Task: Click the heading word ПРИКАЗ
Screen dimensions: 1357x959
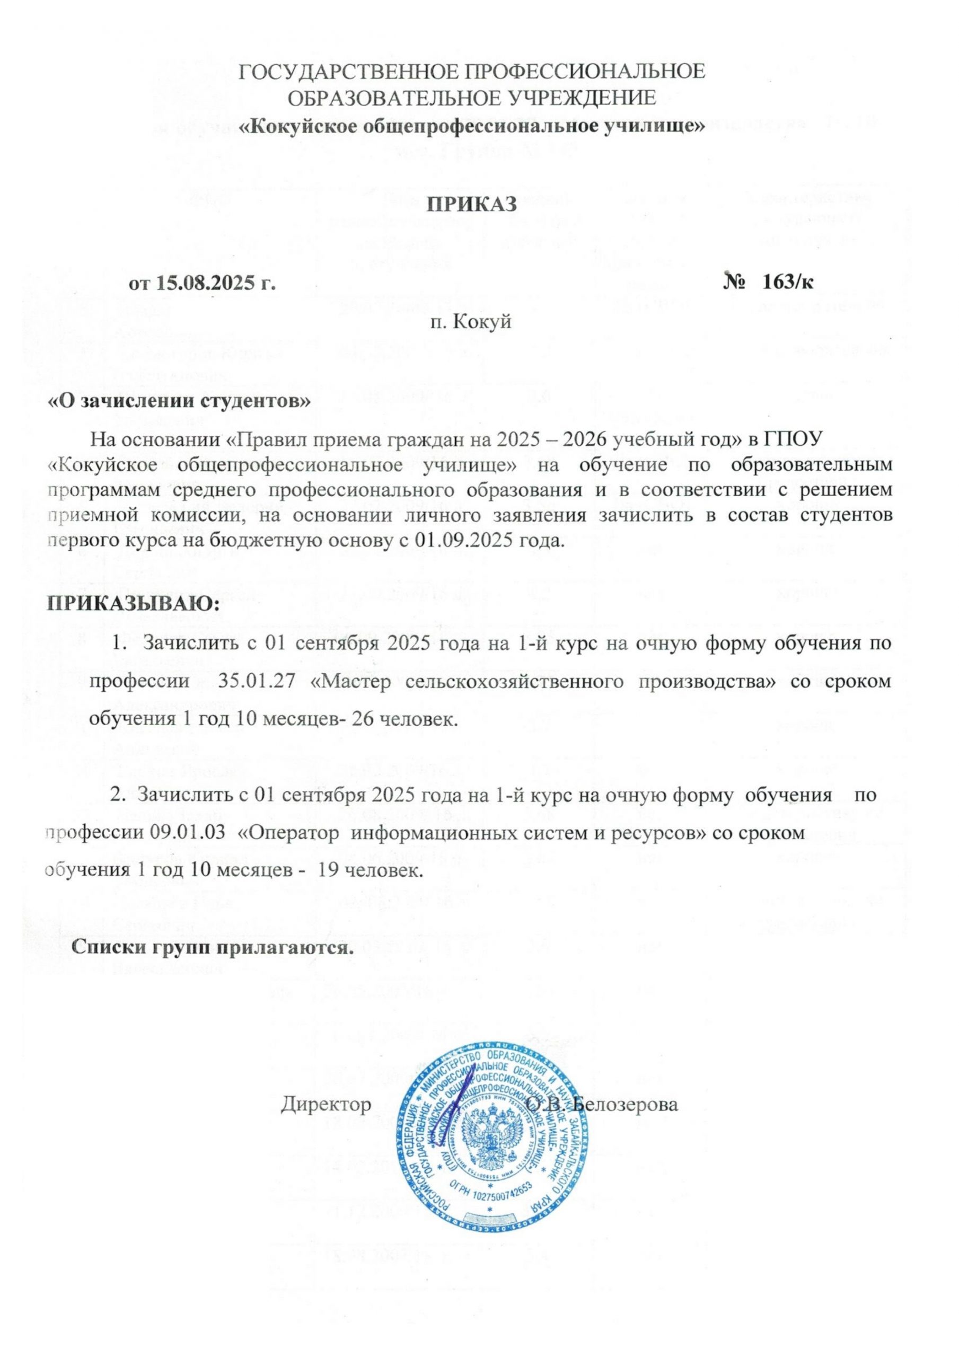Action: [x=472, y=205]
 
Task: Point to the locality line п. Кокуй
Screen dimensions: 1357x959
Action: [x=471, y=323]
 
